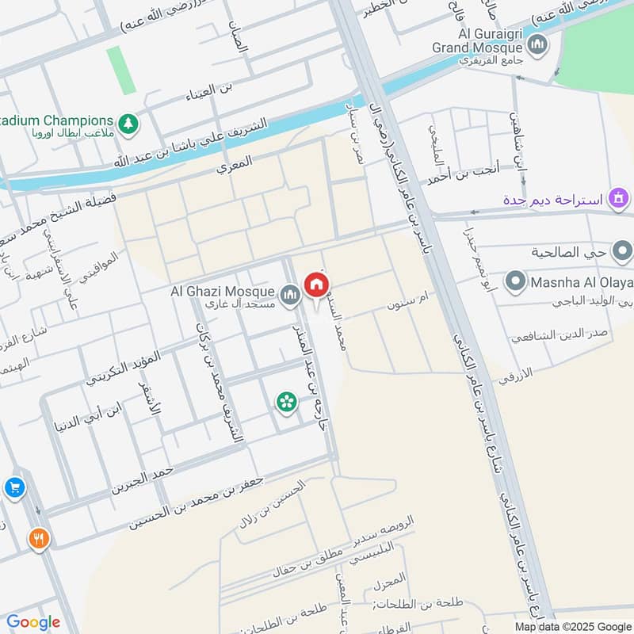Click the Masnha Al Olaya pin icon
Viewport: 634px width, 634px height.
[x=517, y=281]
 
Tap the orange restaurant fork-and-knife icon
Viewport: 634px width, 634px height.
[x=38, y=540]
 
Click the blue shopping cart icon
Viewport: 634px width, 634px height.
[x=13, y=487]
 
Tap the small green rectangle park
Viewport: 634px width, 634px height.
[x=116, y=71]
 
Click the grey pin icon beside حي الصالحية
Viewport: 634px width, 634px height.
[x=622, y=252]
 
